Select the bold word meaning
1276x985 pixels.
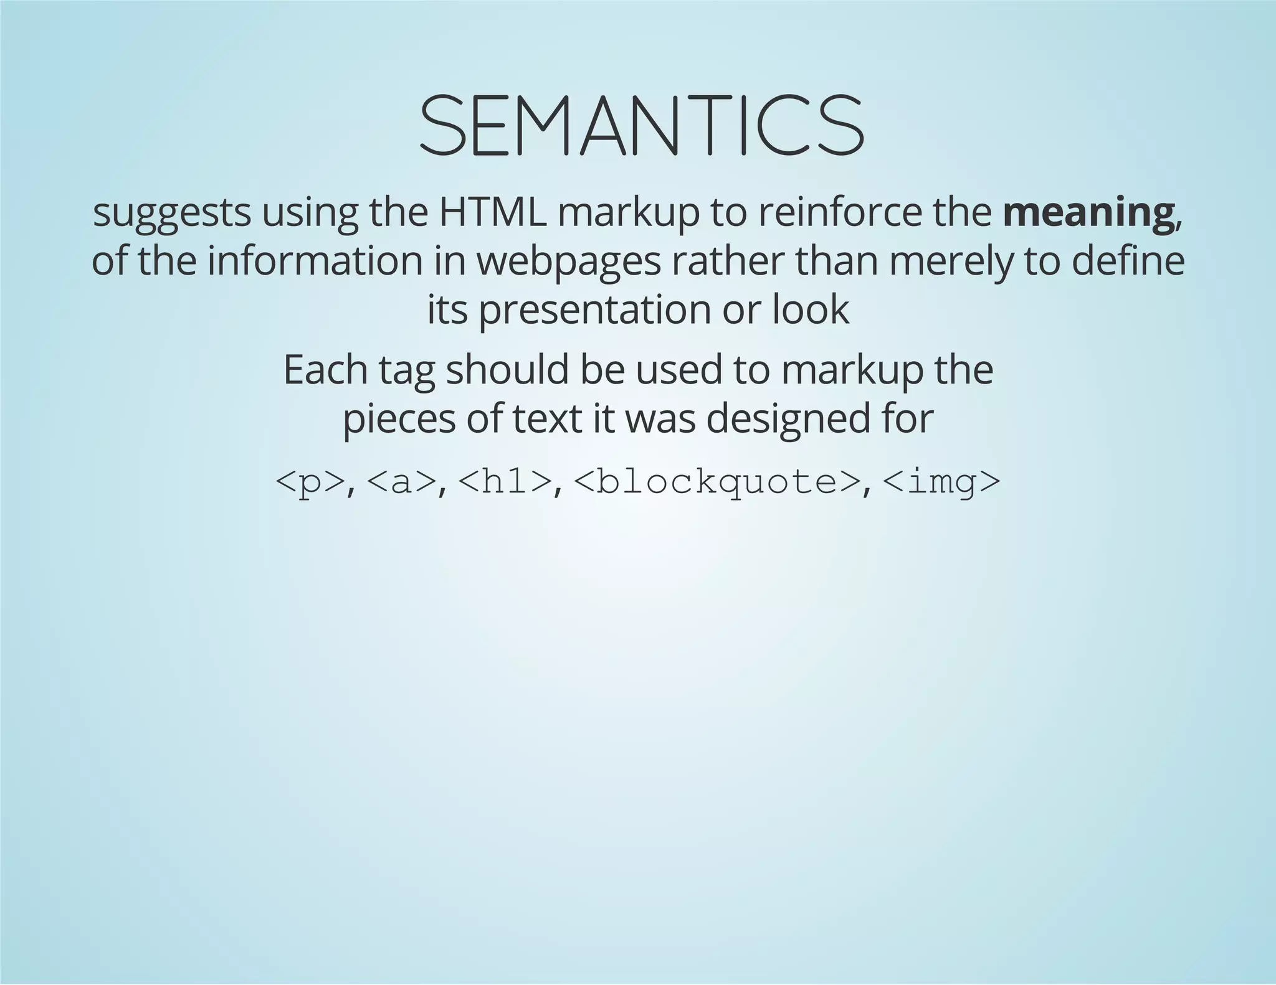(x=1088, y=213)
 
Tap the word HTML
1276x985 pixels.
(x=493, y=213)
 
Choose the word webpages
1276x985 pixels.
(x=569, y=263)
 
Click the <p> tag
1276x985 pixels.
(x=310, y=482)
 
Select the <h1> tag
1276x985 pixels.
(x=505, y=482)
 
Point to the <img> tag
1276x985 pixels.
(x=941, y=482)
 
